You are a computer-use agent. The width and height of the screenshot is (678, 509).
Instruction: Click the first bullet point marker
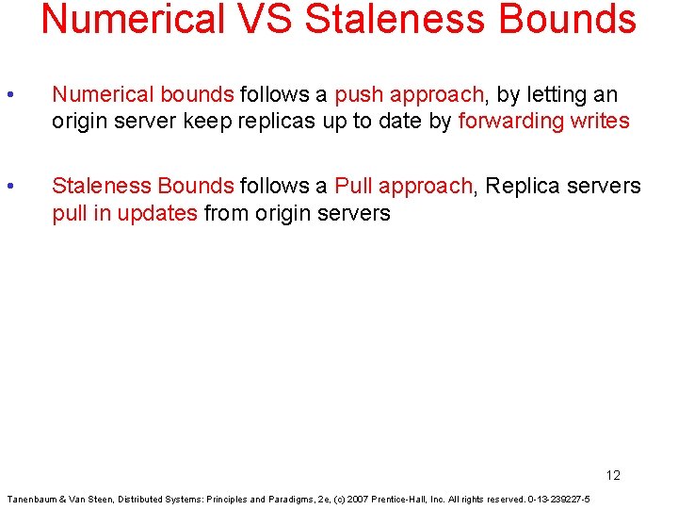pyautogui.click(x=9, y=95)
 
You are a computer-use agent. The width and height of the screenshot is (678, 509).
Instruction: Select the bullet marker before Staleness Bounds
pyautogui.click(x=9, y=187)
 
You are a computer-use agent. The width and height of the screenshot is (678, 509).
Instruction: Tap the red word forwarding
pyautogui.click(x=510, y=122)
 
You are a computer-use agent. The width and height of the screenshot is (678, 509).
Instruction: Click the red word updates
pyautogui.click(x=159, y=213)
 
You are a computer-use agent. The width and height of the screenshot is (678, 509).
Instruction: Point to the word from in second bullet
pyautogui.click(x=225, y=213)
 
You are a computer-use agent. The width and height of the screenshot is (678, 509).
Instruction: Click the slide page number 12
pyautogui.click(x=613, y=475)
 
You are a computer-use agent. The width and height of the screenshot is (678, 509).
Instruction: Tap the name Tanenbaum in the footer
pyautogui.click(x=31, y=499)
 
